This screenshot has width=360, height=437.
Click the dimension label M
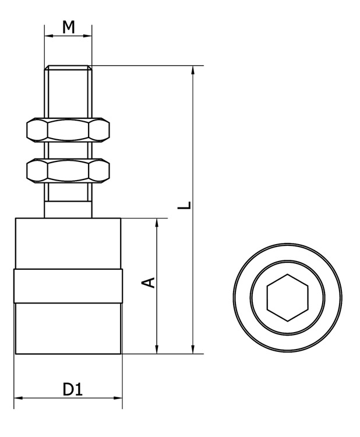(x=69, y=27)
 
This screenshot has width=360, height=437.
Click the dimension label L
(x=185, y=205)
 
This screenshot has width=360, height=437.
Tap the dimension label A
(x=148, y=283)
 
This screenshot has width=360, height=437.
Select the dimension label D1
(x=73, y=389)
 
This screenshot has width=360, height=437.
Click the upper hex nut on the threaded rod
(x=68, y=129)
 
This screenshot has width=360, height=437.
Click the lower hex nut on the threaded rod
(x=68, y=171)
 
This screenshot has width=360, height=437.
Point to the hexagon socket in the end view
(x=288, y=298)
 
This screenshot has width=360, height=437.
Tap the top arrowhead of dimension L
(x=193, y=71)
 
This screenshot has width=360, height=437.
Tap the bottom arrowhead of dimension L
(x=193, y=350)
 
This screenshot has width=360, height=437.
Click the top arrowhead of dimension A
(x=157, y=223)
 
